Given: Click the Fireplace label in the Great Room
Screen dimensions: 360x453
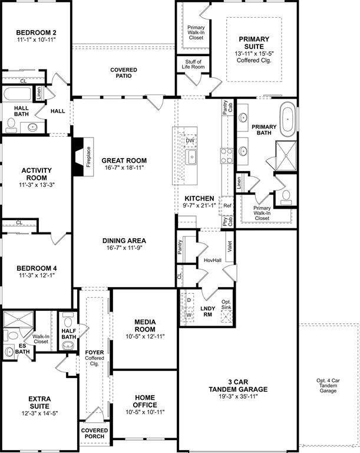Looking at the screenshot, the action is [88, 157].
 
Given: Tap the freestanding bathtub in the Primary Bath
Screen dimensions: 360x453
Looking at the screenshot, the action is [288, 119].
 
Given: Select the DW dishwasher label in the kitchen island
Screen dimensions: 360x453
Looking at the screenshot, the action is [190, 141].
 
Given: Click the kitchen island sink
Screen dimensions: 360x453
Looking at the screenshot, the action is [190, 157].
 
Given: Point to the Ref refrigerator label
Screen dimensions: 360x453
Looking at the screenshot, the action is [227, 206].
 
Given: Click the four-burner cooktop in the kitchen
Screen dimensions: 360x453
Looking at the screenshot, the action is [227, 156].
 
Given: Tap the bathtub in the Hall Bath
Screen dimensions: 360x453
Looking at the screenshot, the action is [17, 94].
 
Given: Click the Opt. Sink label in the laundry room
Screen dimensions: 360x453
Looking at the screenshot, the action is [226, 304].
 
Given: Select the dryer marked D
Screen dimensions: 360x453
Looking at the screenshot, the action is [189, 300].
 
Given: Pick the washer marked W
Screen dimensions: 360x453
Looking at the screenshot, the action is [189, 315].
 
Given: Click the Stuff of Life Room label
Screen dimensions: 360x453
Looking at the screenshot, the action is [193, 64].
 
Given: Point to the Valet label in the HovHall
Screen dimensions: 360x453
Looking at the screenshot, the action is [230, 247].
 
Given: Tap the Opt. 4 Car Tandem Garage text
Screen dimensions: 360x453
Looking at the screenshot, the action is [328, 386].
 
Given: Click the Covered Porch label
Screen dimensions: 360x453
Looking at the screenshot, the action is [94, 434].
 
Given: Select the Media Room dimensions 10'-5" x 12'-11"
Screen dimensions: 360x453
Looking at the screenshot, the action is [145, 337].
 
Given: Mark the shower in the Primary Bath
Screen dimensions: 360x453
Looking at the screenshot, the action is [286, 156].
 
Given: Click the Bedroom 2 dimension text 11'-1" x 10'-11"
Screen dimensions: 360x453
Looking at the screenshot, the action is [36, 40].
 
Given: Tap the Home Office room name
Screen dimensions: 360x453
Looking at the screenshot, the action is [145, 401].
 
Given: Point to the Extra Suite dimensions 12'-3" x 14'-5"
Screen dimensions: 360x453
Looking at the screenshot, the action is [39, 413].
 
